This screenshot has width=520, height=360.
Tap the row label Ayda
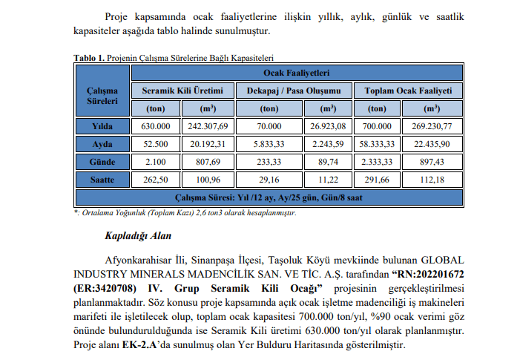[x=102, y=143]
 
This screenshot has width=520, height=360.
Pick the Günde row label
[x=102, y=161]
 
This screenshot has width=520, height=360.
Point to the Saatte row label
[x=102, y=179]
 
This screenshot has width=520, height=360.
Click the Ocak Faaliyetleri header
[x=297, y=73]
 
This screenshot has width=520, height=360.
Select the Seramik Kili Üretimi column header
[x=182, y=90]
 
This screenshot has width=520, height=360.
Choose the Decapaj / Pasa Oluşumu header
[x=293, y=90]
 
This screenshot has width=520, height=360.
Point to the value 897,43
[x=431, y=161]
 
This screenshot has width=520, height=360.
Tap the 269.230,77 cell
[x=431, y=126]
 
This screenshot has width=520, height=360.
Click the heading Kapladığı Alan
[x=138, y=236]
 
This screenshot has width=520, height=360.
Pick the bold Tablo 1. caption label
[x=90, y=57]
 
